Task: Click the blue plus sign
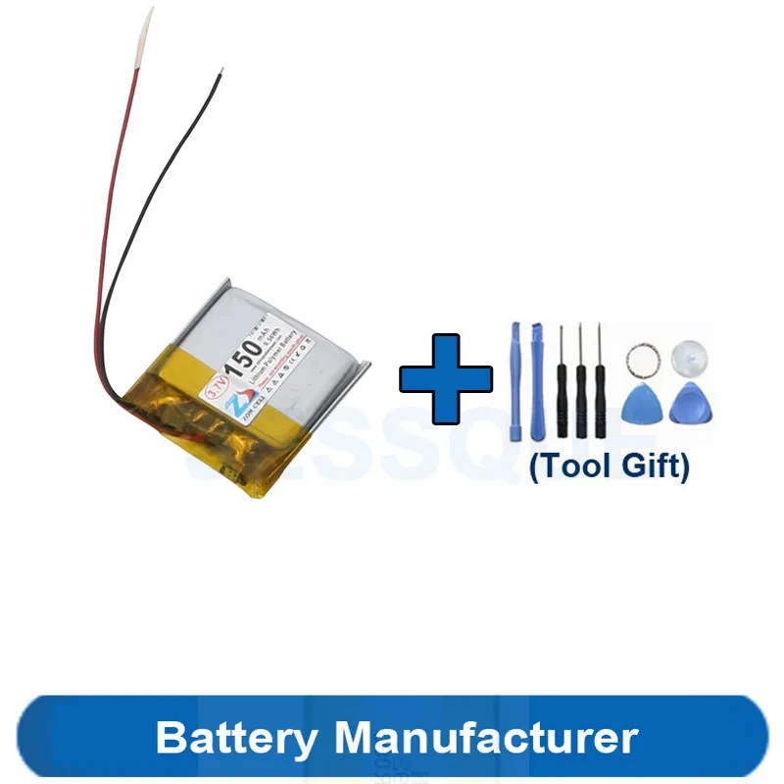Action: click(x=446, y=377)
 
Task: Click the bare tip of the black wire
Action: click(x=222, y=73)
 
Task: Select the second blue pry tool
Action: click(x=536, y=382)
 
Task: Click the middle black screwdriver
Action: click(x=580, y=382)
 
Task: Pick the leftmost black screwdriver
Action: click(x=562, y=382)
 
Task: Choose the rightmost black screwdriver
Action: click(x=600, y=382)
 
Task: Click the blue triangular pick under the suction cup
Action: click(x=687, y=404)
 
